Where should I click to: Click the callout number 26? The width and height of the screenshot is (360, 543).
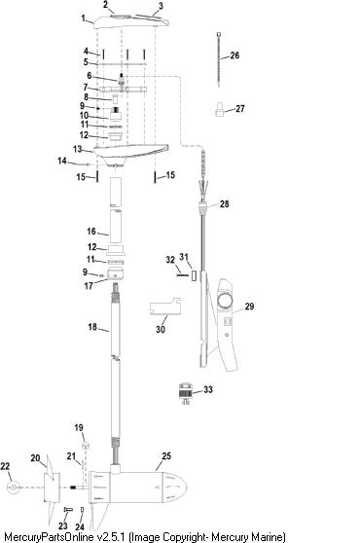coord(234,55)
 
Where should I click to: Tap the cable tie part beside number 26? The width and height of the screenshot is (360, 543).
coord(219,58)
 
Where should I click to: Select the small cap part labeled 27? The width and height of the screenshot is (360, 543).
coord(219,109)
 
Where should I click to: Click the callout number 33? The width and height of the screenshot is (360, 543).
coord(207,389)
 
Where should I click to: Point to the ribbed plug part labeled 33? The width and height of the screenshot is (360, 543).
coord(185,393)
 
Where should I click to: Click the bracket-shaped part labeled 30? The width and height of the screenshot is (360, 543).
coord(165,307)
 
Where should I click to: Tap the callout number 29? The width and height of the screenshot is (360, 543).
coord(249,307)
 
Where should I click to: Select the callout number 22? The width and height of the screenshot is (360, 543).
coord(5,466)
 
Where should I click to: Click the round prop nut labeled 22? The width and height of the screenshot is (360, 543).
coord(14,488)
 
